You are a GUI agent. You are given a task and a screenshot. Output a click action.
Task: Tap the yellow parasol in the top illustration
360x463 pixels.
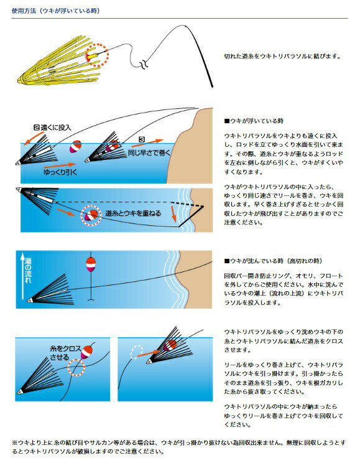[x=53, y=65]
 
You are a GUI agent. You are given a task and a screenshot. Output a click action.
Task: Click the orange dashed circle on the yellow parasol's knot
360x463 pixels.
[x=96, y=56]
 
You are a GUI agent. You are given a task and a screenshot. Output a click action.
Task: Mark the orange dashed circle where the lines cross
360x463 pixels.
[x=76, y=367]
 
